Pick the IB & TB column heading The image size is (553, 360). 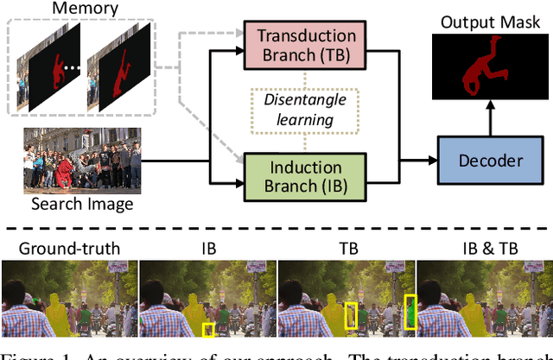pyautogui.click(x=482, y=250)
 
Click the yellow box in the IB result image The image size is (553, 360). pyautogui.click(x=208, y=329)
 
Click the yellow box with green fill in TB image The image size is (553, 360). pyautogui.click(x=410, y=313)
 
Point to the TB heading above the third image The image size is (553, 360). pyautogui.click(x=345, y=250)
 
